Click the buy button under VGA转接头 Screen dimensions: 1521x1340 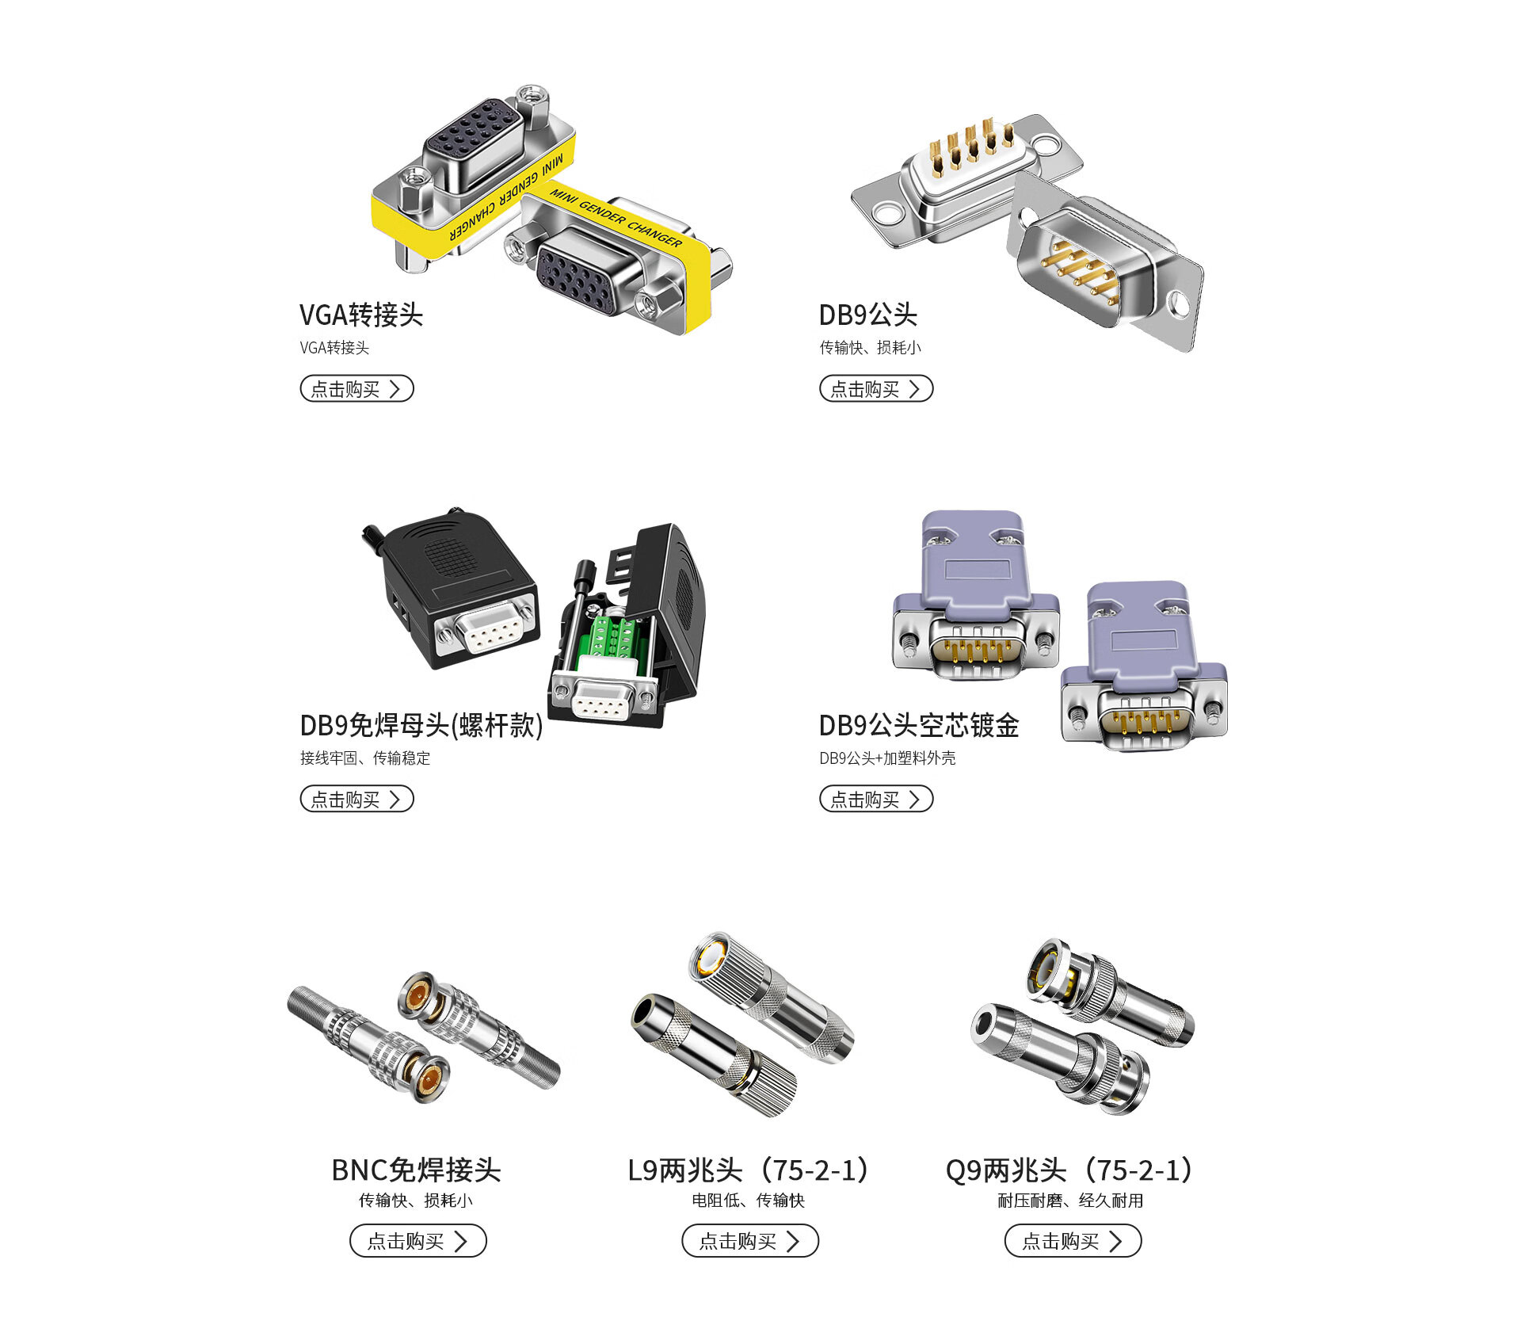[356, 388]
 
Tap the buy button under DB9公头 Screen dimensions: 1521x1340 [876, 388]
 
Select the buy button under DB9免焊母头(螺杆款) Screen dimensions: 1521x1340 [356, 799]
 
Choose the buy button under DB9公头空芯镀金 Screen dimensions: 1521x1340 [876, 799]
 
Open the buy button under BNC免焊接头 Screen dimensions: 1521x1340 [418, 1241]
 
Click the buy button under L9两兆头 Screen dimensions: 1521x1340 [750, 1241]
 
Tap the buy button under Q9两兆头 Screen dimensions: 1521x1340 [1073, 1241]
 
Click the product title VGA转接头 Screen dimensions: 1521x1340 [361, 315]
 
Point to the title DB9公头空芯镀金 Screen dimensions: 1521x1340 [919, 725]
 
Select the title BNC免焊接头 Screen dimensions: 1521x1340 [417, 1170]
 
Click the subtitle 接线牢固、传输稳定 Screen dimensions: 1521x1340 [365, 758]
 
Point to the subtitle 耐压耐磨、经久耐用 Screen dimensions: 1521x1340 [1070, 1201]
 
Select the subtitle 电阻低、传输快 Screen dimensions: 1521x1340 [749, 1201]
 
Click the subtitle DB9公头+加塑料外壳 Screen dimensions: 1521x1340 [887, 758]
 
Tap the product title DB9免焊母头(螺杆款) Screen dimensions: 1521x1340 [421, 725]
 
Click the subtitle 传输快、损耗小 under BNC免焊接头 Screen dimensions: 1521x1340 [416, 1201]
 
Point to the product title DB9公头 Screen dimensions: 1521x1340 [868, 315]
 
